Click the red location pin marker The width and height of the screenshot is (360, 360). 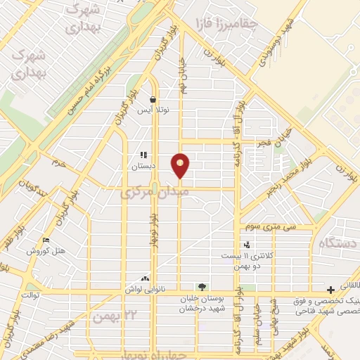coord(180,165)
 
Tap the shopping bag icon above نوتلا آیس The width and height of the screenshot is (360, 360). coord(153,100)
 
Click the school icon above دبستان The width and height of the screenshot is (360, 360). coord(143,155)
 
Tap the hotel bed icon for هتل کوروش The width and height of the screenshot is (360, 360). coord(46,240)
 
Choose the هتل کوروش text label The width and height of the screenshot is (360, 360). coord(46,251)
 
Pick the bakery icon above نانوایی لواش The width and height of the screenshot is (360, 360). coord(145,278)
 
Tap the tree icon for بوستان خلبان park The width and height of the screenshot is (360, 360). coord(202,287)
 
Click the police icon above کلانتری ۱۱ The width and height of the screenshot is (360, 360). coord(246,245)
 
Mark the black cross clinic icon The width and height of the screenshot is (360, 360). coord(330,290)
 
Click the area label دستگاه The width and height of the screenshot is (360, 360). coord(339,243)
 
